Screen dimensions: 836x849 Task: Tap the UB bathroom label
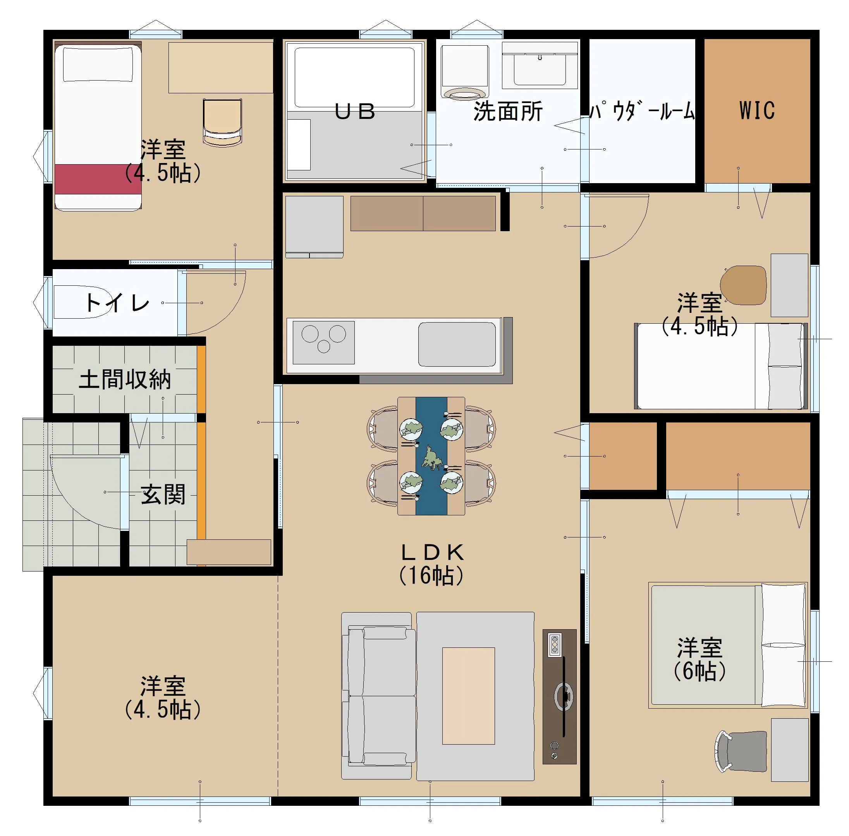pyautogui.click(x=354, y=112)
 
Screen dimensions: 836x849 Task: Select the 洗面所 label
pyautogui.click(x=507, y=111)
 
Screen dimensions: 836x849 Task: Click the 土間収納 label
pyautogui.click(x=124, y=379)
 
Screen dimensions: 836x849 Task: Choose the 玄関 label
pyautogui.click(x=163, y=494)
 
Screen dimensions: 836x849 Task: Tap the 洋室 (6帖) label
pyautogui.click(x=699, y=659)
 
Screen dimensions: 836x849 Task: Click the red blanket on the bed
pyautogui.click(x=98, y=179)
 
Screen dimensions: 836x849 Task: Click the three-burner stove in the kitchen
pyautogui.click(x=323, y=342)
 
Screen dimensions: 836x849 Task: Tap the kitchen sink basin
pyautogui.click(x=456, y=344)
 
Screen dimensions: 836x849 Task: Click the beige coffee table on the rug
pyautogui.click(x=468, y=696)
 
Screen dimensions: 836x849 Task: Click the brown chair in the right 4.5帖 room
pyautogui.click(x=743, y=285)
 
